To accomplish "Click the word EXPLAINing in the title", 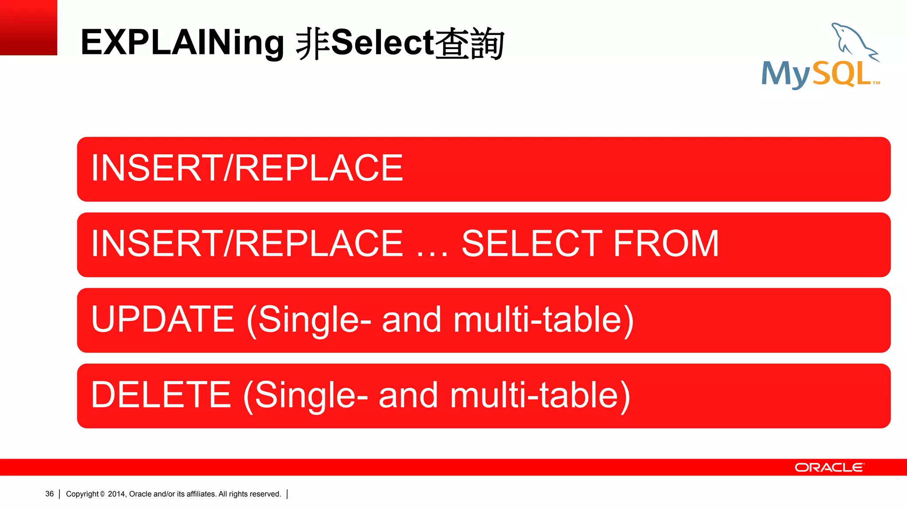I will coord(182,43).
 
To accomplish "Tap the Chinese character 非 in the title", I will coord(313,43).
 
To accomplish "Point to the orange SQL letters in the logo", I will coord(841,73).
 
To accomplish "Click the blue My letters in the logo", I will coord(787,74).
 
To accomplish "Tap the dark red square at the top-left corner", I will coord(28,27).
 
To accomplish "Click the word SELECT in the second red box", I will coord(532,243).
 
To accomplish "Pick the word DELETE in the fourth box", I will coord(161,394).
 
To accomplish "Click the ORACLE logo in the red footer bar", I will coord(829,467).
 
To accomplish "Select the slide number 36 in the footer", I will coord(49,494).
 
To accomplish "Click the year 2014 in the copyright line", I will coord(116,494).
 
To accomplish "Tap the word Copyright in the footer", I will coord(82,494).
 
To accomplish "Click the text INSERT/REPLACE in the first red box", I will coord(247,168).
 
